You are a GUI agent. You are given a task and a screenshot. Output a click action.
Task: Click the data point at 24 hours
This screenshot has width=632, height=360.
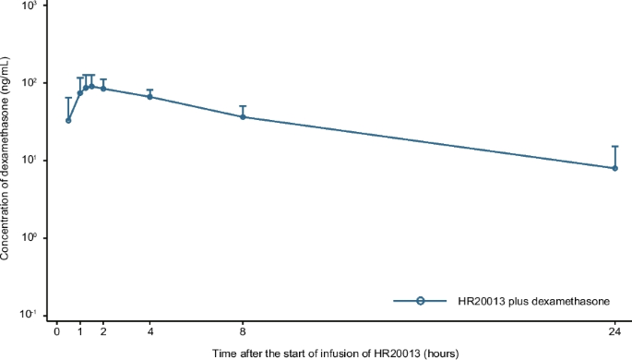click(614, 168)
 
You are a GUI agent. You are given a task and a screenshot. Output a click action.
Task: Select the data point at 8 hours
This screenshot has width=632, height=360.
click(243, 116)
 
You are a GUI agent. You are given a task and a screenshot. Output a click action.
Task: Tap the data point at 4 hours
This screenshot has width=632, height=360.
click(149, 97)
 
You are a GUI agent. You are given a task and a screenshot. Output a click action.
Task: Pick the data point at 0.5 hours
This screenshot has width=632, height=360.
click(68, 120)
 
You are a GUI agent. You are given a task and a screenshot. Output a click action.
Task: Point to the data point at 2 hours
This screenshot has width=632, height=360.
click(103, 89)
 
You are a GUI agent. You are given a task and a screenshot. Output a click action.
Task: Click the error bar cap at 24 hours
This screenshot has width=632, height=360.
click(614, 147)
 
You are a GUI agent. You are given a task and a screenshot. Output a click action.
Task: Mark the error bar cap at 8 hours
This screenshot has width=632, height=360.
click(243, 106)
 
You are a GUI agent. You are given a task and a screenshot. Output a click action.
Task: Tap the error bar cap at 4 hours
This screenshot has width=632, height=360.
click(149, 90)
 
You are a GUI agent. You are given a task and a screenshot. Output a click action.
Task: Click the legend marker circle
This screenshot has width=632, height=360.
click(420, 301)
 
